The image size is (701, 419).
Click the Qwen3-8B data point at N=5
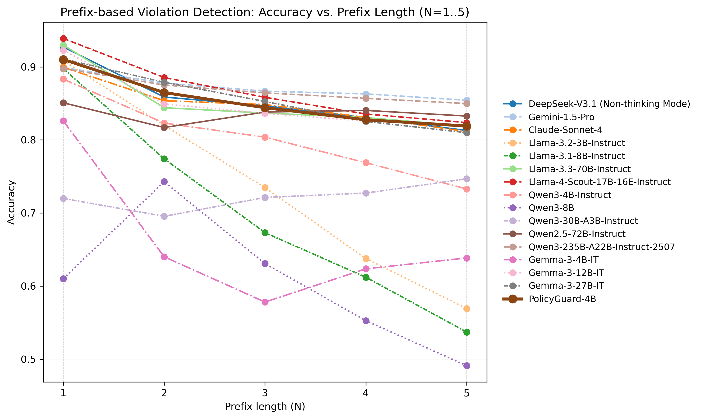click(x=467, y=366)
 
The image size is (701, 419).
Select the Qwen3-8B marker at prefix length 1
click(x=64, y=279)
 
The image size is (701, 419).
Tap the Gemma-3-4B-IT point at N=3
click(x=265, y=302)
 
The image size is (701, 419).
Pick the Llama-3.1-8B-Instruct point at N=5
click(x=467, y=332)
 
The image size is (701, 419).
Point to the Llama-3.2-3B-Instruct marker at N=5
click(x=467, y=309)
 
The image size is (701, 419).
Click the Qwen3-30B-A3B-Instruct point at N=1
click(x=64, y=198)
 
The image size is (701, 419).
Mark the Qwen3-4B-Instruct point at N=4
click(x=366, y=163)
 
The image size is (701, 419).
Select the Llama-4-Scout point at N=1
click(x=64, y=38)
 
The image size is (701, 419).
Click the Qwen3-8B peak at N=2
click(x=164, y=182)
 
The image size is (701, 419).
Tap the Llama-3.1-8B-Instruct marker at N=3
click(x=265, y=233)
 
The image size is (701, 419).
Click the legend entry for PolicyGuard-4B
click(x=562, y=299)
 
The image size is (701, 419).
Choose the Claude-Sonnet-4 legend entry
click(x=565, y=130)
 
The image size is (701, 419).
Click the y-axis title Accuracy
click(x=11, y=202)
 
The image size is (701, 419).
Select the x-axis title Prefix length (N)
click(x=265, y=407)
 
